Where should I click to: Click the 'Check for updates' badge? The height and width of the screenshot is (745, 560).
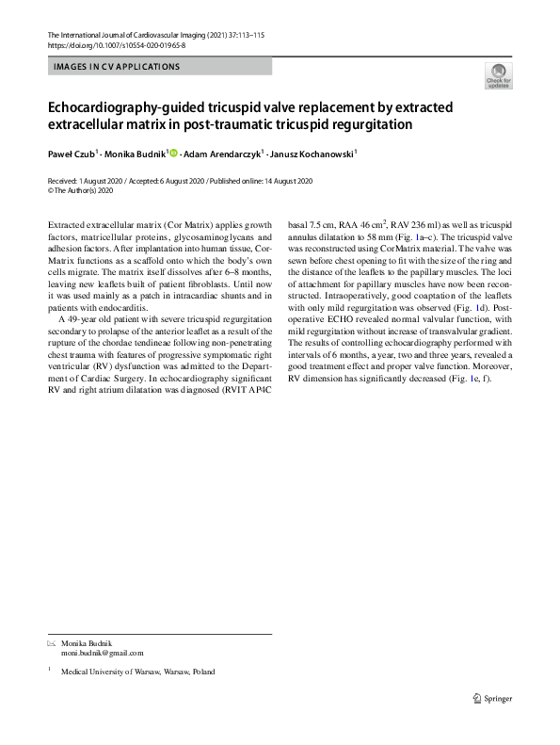(x=496, y=75)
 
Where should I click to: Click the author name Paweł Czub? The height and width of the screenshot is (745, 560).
(x=70, y=153)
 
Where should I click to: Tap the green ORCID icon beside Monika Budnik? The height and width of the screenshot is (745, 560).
(x=173, y=153)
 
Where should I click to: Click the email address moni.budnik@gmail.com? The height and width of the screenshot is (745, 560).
(x=102, y=652)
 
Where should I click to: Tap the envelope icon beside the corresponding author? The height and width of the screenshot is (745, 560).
(x=51, y=642)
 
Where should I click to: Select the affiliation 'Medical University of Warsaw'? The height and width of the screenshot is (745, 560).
(x=137, y=672)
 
